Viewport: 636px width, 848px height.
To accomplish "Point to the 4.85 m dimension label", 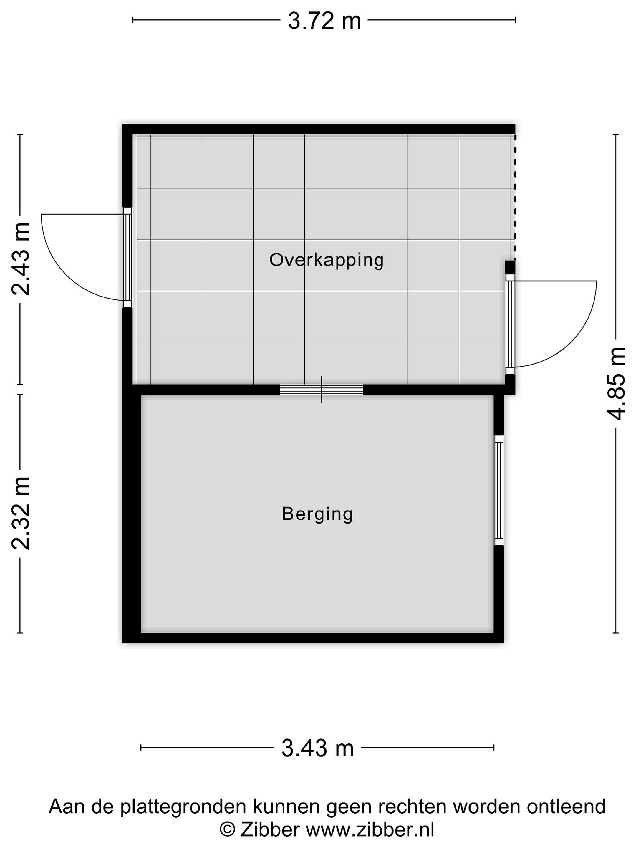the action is click(x=616, y=384).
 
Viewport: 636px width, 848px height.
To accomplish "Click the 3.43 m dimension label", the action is click(x=317, y=748).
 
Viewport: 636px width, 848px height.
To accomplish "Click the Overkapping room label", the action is click(x=326, y=260).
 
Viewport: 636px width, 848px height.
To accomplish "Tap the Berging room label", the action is click(x=317, y=514).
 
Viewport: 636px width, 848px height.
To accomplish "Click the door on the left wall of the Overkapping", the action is click(x=127, y=257).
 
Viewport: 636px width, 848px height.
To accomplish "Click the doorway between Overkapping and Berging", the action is click(x=321, y=390).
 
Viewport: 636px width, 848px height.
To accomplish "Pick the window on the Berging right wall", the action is click(x=499, y=490).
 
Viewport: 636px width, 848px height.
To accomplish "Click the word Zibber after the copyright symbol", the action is click(x=270, y=830).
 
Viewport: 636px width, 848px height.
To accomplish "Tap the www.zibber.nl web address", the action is click(x=370, y=830).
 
